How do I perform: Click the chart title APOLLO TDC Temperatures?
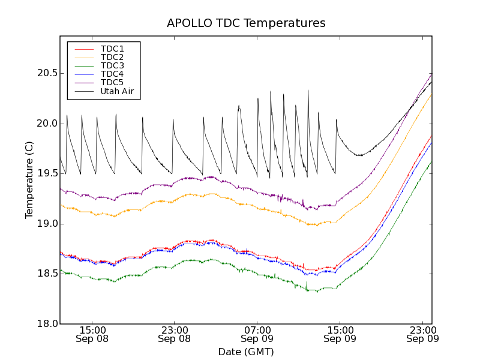click(246, 23)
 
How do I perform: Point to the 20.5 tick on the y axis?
click(46, 73)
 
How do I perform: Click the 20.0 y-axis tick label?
click(46, 124)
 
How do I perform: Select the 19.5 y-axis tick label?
click(46, 173)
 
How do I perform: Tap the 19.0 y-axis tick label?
click(46, 224)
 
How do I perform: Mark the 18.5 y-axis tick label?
click(46, 274)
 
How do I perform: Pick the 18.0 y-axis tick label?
click(46, 324)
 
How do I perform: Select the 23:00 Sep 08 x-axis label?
click(175, 334)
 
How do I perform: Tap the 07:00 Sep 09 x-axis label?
click(257, 334)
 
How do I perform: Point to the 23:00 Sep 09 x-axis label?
click(422, 334)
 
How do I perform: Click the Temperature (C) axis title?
click(29, 180)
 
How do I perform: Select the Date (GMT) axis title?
click(246, 352)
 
